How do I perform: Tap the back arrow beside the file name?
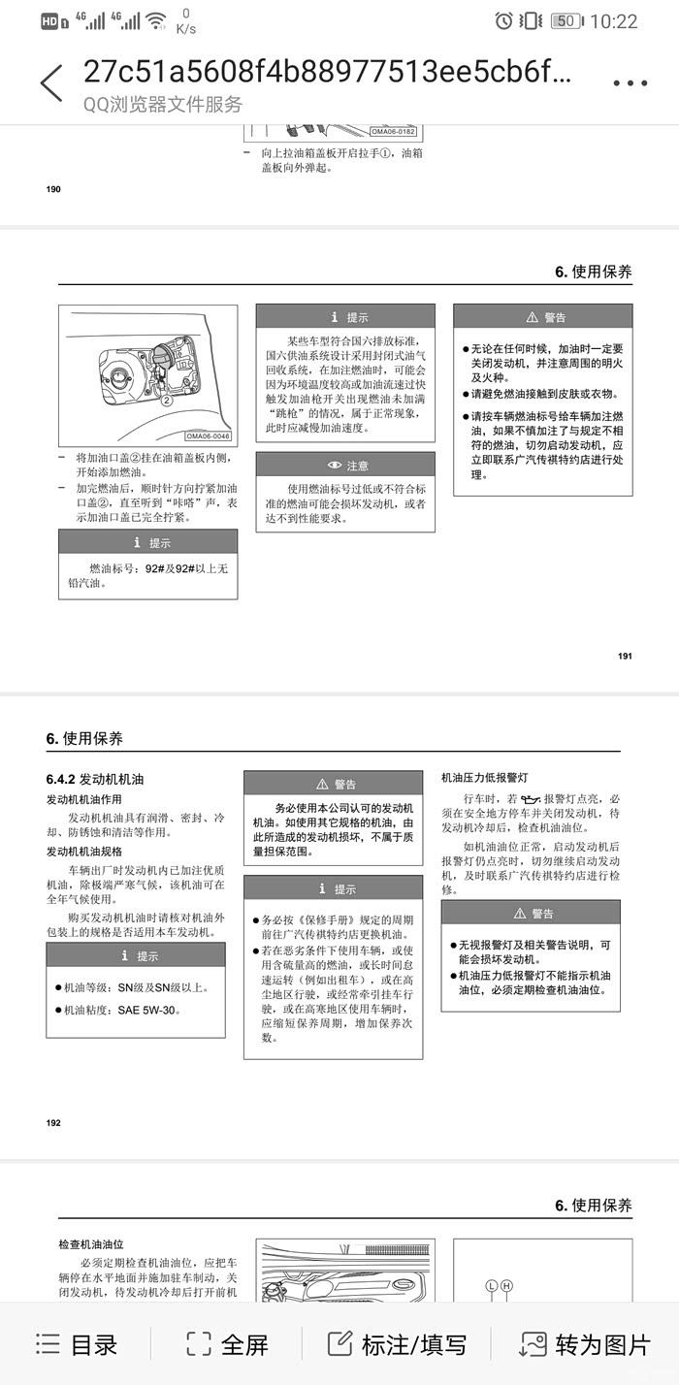[51, 83]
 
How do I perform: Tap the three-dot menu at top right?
[630, 83]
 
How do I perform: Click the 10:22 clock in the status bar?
[614, 20]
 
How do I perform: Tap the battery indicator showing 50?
[566, 20]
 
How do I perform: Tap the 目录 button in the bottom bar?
[77, 1344]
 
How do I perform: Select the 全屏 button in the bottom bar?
[227, 1344]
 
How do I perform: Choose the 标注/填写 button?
[397, 1344]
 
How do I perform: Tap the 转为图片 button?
[585, 1344]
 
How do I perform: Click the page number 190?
[53, 189]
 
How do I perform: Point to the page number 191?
[625, 657]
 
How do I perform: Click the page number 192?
[53, 1122]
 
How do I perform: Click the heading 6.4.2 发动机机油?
[95, 779]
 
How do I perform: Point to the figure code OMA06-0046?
[209, 436]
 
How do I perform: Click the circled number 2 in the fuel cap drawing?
[166, 399]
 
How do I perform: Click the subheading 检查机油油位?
[91, 1243]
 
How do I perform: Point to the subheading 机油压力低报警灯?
[485, 777]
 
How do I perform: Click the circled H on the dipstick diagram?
[506, 1286]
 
